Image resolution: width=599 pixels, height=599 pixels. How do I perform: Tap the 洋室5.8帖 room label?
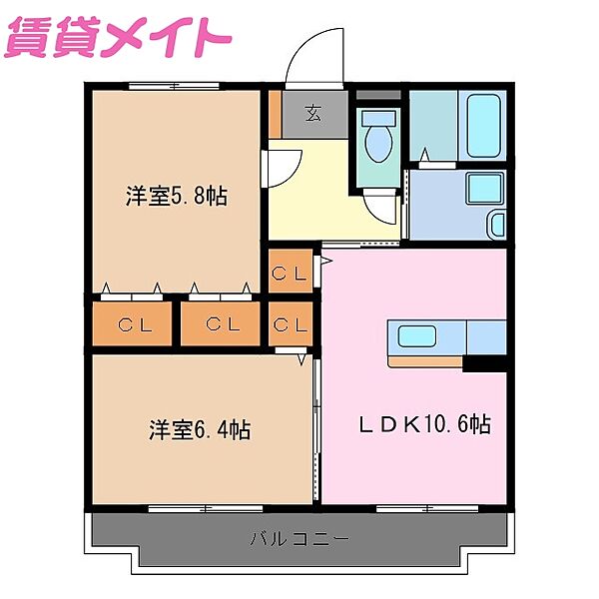(x=176, y=196)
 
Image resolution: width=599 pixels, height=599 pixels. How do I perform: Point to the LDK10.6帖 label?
(x=424, y=423)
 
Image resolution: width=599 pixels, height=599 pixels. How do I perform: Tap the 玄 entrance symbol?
(x=312, y=113)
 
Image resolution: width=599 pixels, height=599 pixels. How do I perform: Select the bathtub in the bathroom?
(x=484, y=125)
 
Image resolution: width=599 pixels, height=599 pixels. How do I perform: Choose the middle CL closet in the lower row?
(x=221, y=323)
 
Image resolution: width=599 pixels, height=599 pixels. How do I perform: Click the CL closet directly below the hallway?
(x=290, y=272)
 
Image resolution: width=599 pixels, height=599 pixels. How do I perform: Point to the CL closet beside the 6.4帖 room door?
(x=290, y=323)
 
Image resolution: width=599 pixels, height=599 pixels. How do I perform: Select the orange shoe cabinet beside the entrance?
(x=274, y=113)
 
